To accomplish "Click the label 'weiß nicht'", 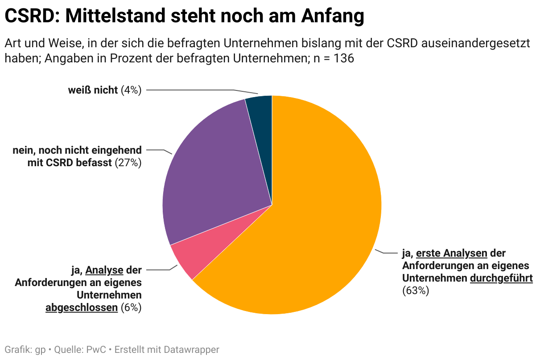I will pyautogui.click(x=93, y=90).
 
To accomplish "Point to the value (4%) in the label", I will pyautogui.click(x=131, y=90).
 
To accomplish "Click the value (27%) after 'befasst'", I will pyautogui.click(x=128, y=163).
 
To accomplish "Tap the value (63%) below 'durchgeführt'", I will pyautogui.click(x=415, y=290).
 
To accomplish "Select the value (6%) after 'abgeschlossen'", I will pyautogui.click(x=131, y=307).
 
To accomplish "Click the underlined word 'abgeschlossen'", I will pyautogui.click(x=82, y=307).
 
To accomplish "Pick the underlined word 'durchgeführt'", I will pyautogui.click(x=501, y=278).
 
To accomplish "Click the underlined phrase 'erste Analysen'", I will pyautogui.click(x=451, y=253).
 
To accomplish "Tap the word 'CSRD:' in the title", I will pyautogui.click(x=32, y=16).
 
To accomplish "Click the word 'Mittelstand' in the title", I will pyautogui.click(x=115, y=16).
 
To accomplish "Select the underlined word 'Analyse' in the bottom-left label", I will pyautogui.click(x=104, y=270).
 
